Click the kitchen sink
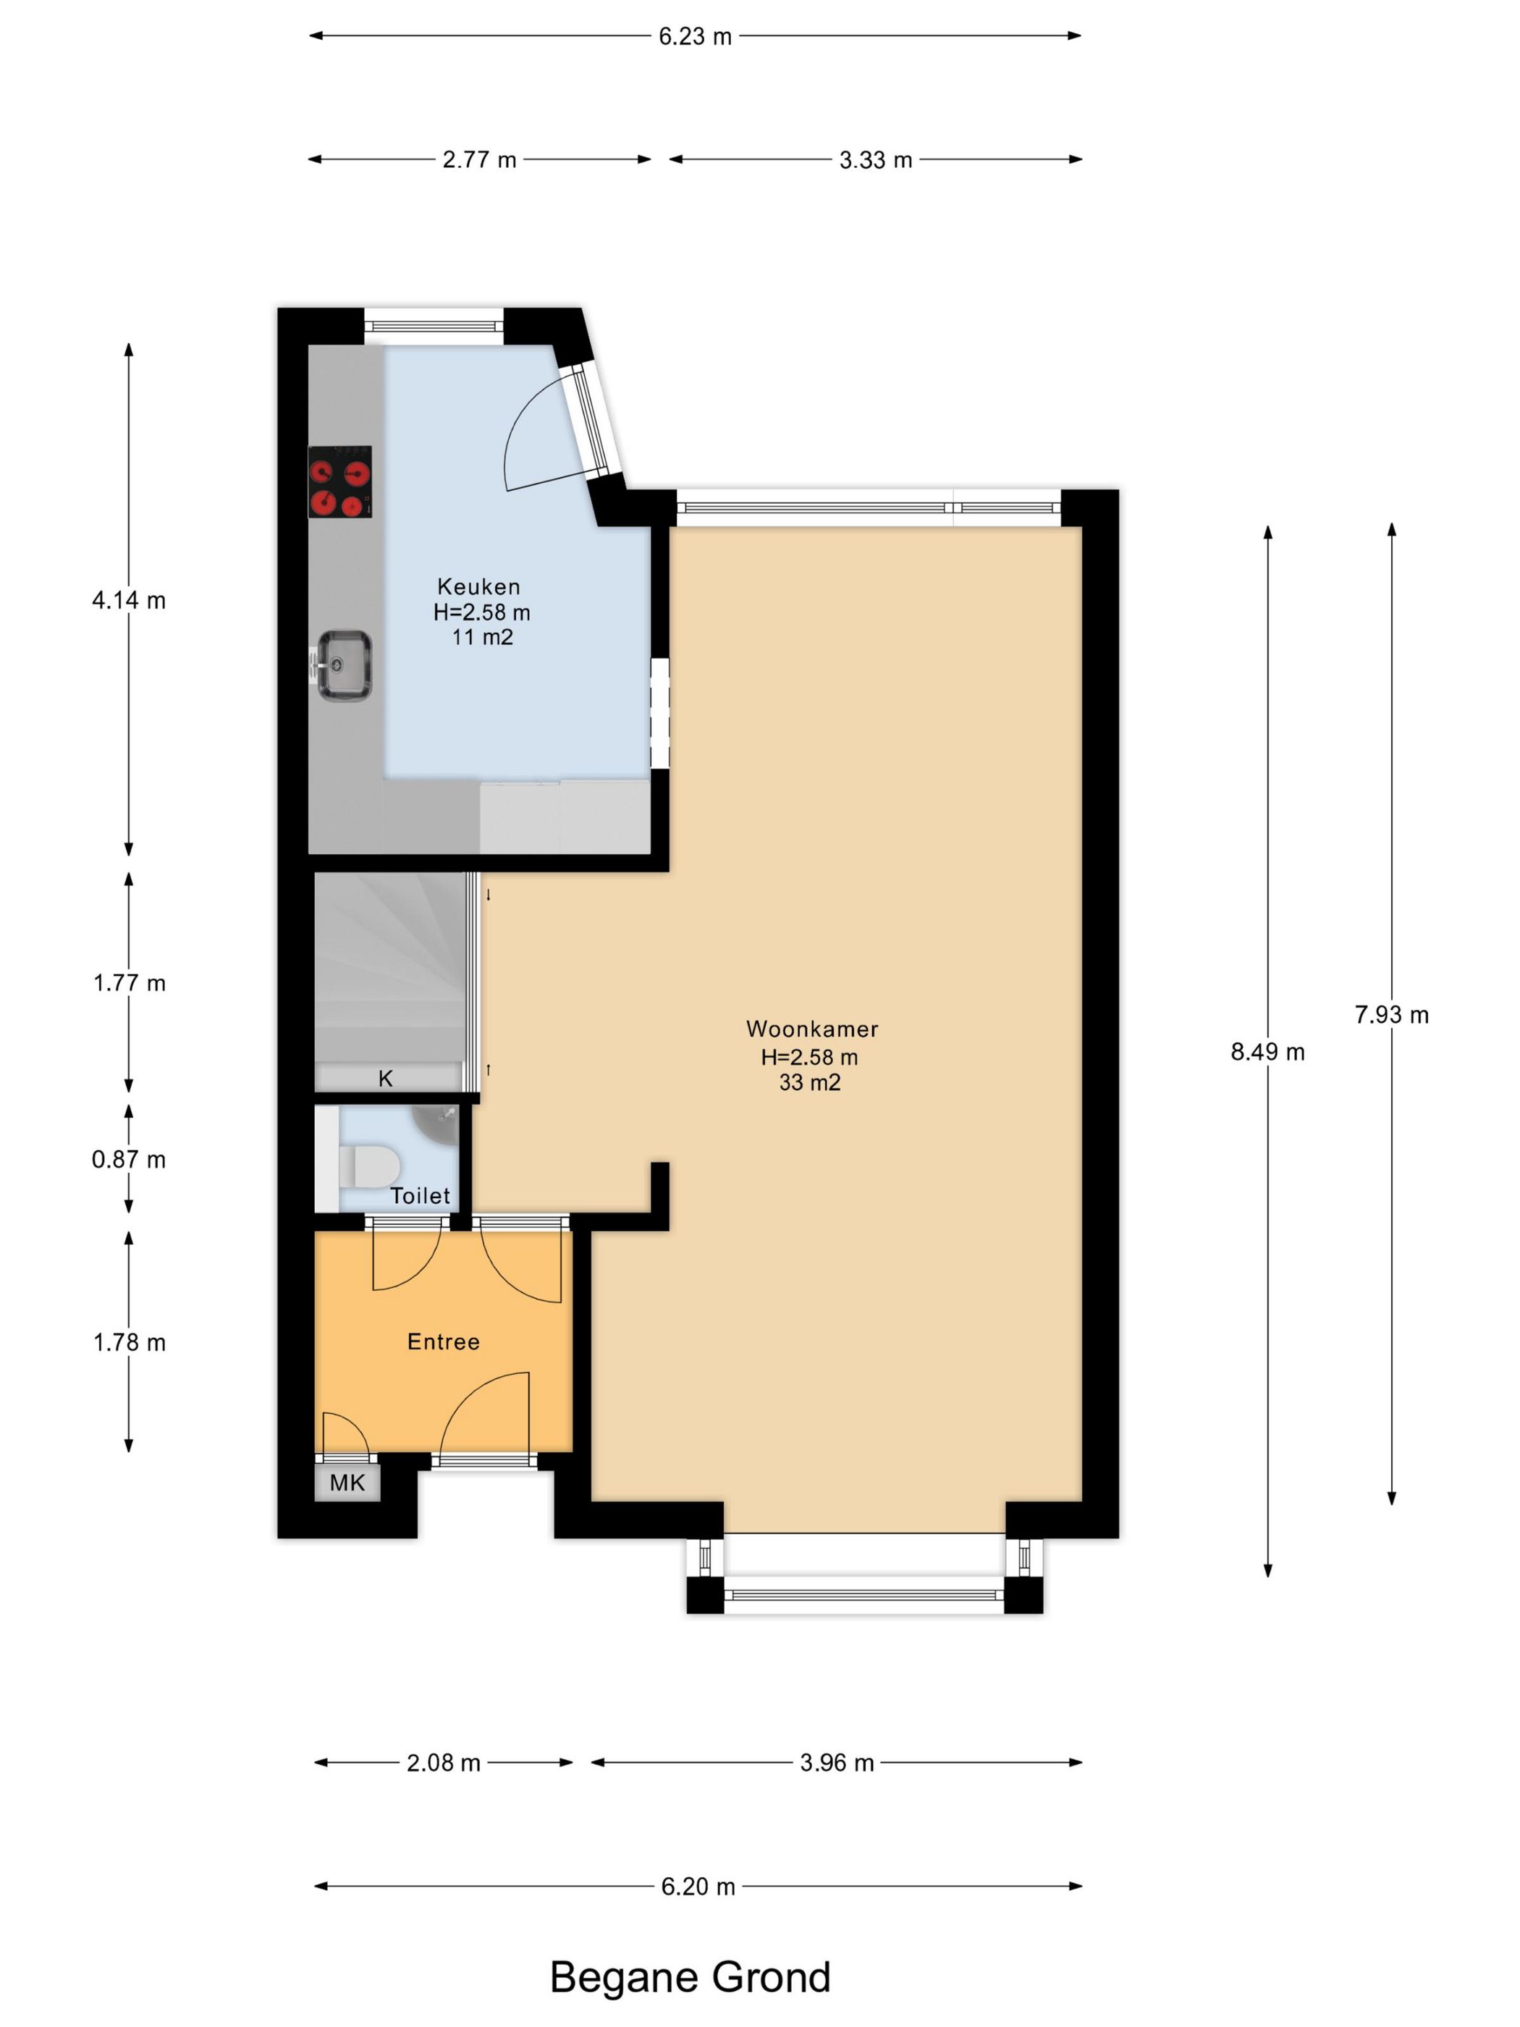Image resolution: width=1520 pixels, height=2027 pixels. click(x=344, y=665)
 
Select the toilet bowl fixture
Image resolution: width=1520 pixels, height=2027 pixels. click(x=368, y=1166)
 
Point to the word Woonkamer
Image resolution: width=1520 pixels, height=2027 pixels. click(x=812, y=1029)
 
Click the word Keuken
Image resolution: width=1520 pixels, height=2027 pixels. click(x=478, y=586)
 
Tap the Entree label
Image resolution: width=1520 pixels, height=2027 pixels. click(x=444, y=1341)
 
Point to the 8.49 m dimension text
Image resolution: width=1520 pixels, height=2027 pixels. click(x=1267, y=1052)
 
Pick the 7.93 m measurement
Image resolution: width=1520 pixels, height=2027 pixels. click(x=1392, y=1014)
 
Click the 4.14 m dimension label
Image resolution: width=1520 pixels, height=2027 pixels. click(x=128, y=600)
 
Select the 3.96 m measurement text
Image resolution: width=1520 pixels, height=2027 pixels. click(x=837, y=1763)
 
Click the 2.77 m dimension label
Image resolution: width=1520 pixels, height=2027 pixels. click(x=479, y=161)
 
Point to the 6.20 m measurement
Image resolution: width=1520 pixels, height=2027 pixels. click(x=698, y=1887)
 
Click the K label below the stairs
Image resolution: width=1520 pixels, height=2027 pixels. click(x=386, y=1079)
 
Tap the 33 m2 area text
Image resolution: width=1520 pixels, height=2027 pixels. click(x=810, y=1082)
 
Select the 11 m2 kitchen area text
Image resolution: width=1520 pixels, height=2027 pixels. click(x=482, y=637)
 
